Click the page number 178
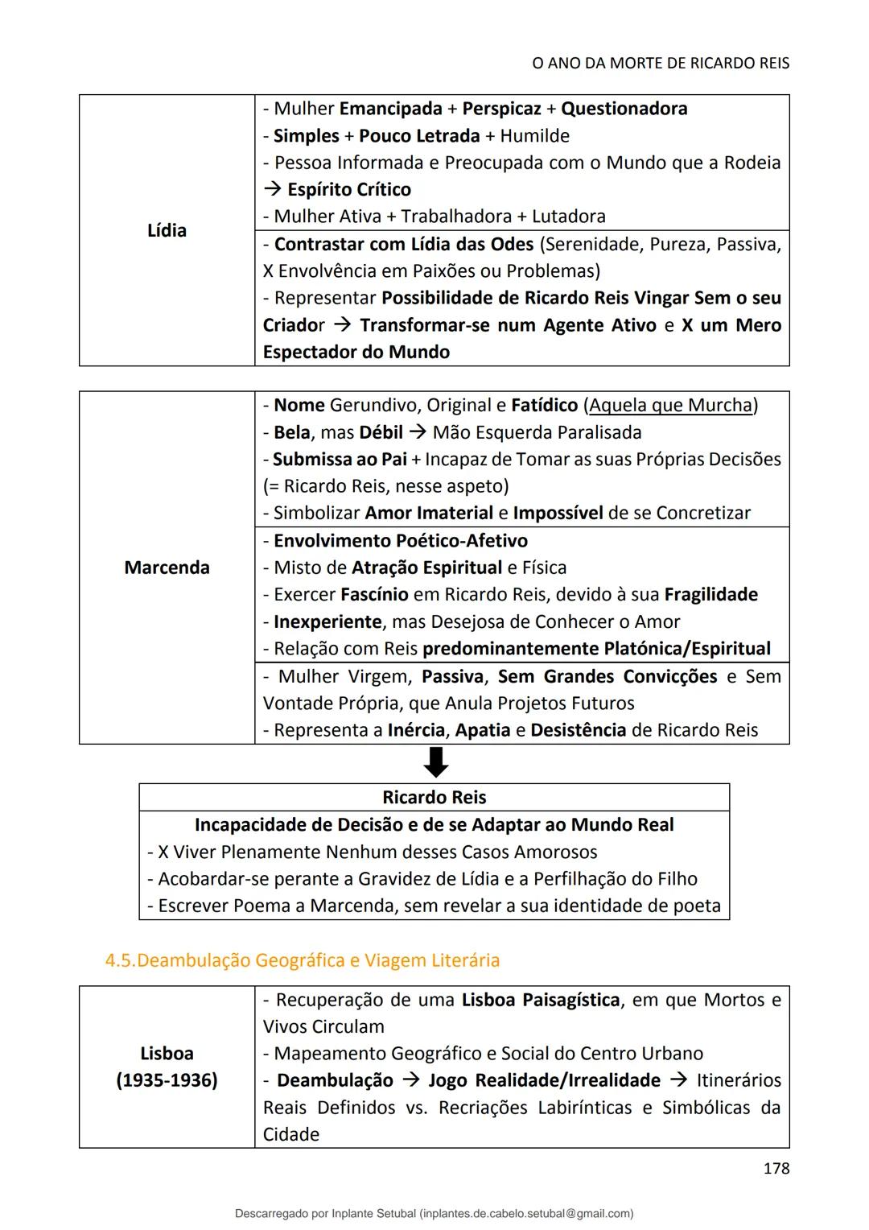[776, 1168]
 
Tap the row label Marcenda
[167, 568]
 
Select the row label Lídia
[167, 230]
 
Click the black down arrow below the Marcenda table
[435, 762]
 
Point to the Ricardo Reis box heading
[434, 797]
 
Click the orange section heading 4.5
[302, 960]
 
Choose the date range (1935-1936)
[167, 1080]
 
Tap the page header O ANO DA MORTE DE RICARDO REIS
[660, 63]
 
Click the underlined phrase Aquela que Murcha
[670, 405]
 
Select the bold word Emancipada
[390, 109]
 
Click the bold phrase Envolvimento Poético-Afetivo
[400, 541]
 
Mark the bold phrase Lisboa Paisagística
[540, 1000]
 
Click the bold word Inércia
[417, 730]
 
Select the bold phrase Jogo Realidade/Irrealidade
[544, 1080]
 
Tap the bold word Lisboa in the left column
[167, 1054]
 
